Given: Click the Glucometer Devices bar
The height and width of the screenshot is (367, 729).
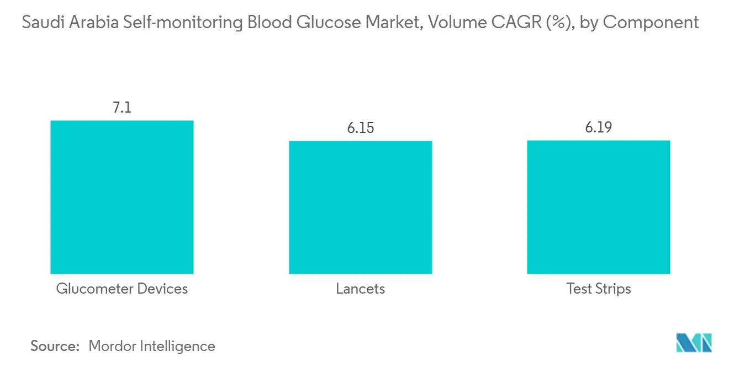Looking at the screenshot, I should [122, 197].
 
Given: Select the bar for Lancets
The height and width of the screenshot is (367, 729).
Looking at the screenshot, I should [360, 207].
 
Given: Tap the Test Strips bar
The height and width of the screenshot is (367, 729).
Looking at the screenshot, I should [599, 207].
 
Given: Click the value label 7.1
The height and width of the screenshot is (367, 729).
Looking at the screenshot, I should [122, 108].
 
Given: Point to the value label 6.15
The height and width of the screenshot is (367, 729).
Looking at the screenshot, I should [360, 128].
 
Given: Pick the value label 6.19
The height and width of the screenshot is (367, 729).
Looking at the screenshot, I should [599, 127].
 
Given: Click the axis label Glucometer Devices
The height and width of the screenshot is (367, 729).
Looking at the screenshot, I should [122, 289].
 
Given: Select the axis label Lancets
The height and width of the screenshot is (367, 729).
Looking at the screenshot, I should [360, 289].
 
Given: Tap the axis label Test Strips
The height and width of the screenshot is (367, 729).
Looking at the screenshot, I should [599, 289].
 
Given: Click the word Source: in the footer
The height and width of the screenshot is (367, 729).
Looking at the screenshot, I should [55, 346].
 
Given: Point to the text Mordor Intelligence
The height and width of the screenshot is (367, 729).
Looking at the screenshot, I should [152, 346].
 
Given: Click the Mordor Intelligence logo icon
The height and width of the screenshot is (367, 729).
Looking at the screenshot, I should [694, 343].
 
